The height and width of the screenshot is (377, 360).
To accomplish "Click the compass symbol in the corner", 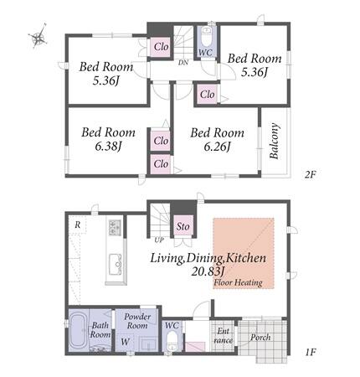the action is point(38,37).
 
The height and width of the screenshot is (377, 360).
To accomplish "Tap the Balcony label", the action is point(275,141).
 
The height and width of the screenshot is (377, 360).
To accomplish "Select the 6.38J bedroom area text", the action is point(108,147).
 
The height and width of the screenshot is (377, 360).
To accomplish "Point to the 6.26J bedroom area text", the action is point(217,147).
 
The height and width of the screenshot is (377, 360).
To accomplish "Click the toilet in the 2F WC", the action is point(207,37).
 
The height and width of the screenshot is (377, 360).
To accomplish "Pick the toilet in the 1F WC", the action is point(172,341).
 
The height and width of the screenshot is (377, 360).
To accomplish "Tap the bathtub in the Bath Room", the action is point(79,330).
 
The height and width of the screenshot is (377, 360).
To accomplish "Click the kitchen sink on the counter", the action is point(115,264).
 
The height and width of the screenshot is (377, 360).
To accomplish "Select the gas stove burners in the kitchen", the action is point(115,227).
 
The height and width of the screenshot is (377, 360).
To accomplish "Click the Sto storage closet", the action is point(183,226).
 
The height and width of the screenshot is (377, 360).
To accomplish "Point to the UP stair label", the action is point(159,240).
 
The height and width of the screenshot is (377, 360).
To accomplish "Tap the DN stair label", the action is point(183,63).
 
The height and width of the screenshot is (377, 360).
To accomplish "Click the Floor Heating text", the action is point(238,283).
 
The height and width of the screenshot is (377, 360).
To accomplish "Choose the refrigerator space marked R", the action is point(78,225).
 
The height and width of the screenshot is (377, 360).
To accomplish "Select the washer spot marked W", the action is point(126,341).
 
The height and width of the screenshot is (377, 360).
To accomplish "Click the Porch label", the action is point(260,338).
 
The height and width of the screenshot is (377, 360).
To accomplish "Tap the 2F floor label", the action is point(310,175).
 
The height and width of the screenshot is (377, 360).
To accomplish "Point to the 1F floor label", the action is point(310,353).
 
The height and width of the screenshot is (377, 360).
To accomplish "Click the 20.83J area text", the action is point(208,271).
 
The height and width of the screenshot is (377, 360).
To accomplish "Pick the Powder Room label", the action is point(137,321).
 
